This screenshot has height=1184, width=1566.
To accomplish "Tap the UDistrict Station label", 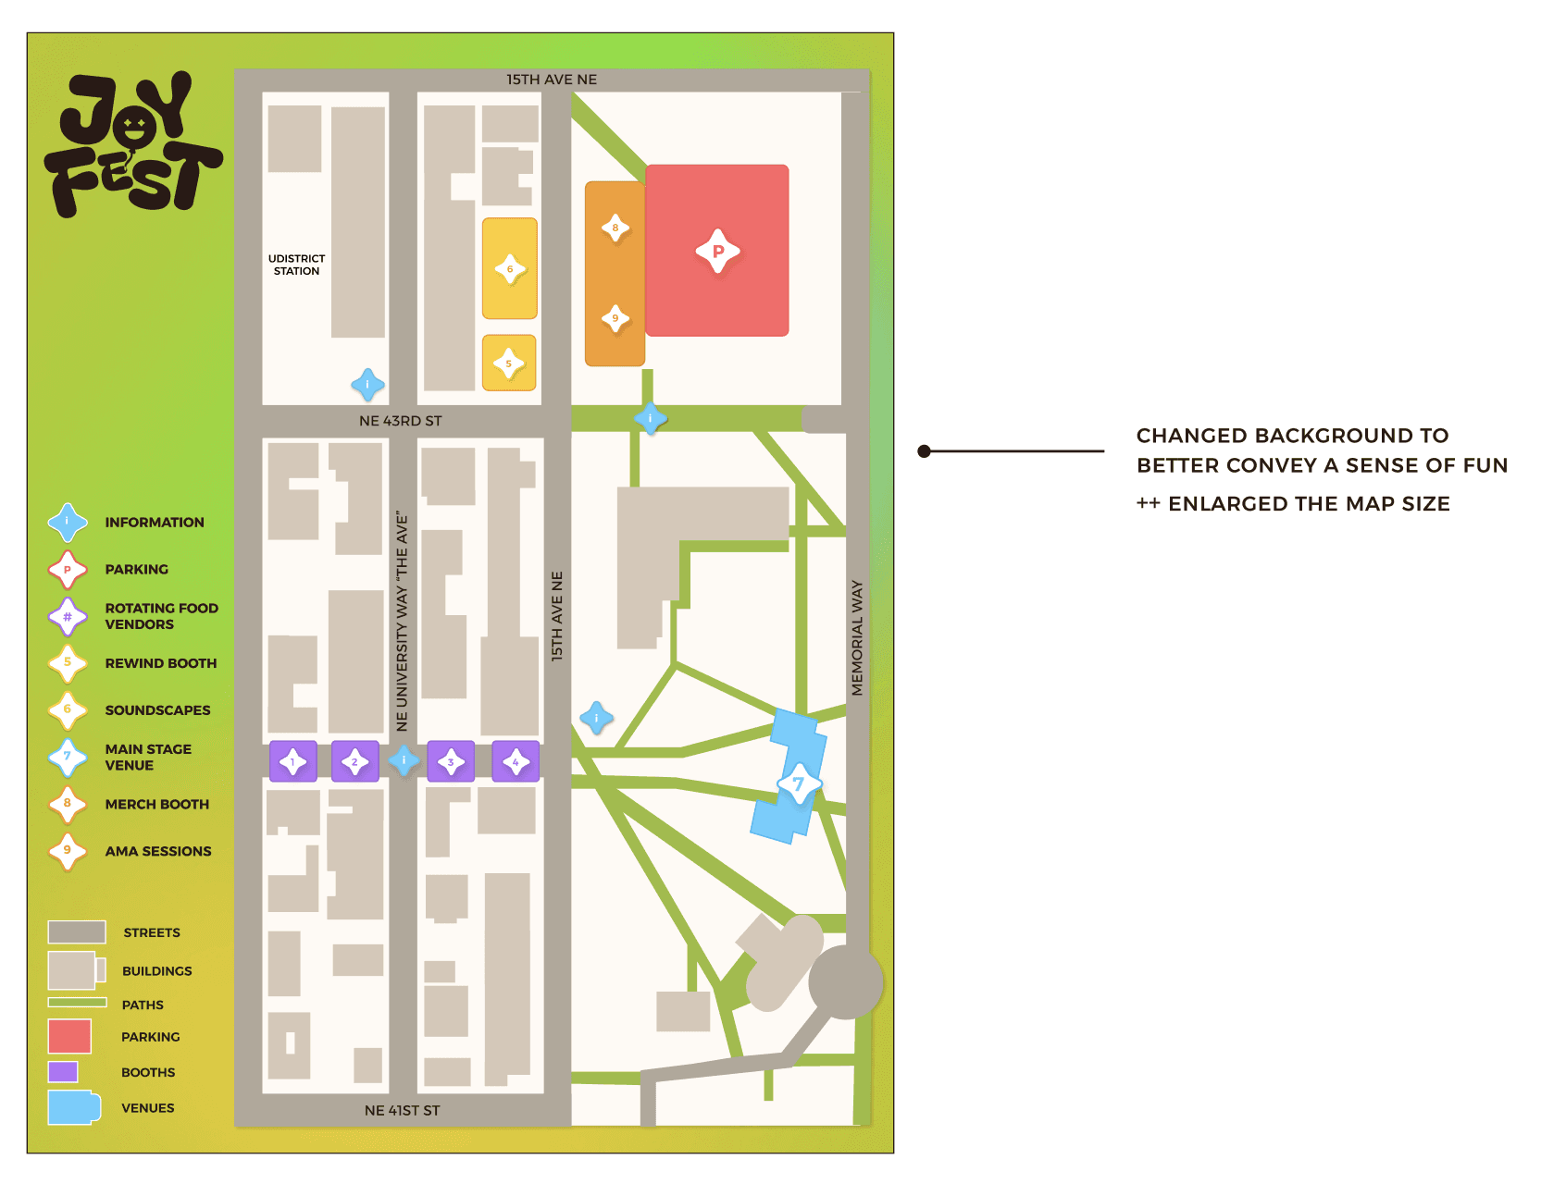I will coord(296,265).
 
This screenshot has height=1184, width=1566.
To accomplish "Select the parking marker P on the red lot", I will coord(717,251).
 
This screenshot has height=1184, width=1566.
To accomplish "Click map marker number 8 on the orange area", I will coord(615,228).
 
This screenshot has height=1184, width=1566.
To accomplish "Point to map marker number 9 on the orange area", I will coord(615,318).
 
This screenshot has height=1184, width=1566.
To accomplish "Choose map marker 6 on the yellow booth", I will coord(510,269).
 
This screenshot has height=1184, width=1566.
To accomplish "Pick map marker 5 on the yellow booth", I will coord(509,364).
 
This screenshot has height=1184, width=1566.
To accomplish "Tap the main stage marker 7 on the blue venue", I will coord(798,784).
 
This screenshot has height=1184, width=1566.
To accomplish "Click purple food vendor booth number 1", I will coord(293,762).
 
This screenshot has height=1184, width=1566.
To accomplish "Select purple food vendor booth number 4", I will coord(516,762).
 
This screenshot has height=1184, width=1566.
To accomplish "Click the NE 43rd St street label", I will coord(400,421).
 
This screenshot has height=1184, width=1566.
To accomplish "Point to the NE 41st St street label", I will coord(402,1110).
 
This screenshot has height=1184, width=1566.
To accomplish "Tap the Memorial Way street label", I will coord(857,638).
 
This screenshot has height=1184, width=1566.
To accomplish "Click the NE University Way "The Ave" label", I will coord(402,622).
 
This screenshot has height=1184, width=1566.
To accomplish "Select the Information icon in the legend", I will coord(68,523).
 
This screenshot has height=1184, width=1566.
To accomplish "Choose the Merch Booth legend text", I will coord(157,805).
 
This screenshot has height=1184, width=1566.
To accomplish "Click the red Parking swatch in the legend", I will coord(69,1036).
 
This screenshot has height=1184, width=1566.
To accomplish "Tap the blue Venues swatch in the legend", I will coord(73,1107).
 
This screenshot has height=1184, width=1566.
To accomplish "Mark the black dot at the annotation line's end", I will coord(924,451).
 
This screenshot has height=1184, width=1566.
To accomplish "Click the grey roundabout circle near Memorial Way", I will coord(845,982).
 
